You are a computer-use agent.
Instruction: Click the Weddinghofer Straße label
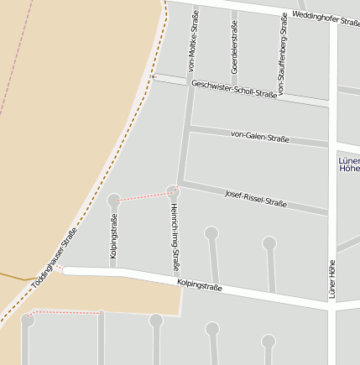tap(326, 19)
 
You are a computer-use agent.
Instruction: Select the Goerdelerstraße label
tap(234, 42)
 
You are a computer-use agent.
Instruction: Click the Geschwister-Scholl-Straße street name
tap(234, 89)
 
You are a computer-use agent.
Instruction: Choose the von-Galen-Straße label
tap(260, 136)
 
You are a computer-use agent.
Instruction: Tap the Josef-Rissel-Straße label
tap(256, 199)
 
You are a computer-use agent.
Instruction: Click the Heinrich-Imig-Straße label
tap(175, 238)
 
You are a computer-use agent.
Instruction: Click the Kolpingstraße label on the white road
tap(200, 288)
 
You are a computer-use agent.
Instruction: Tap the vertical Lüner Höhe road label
tap(331, 279)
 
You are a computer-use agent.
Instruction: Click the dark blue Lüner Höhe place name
tap(348, 164)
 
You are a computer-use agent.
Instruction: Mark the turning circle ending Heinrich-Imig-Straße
tap(173, 192)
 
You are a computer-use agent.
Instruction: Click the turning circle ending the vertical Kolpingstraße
tap(114, 200)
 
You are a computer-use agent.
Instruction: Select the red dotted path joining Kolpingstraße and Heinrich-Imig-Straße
tap(143, 196)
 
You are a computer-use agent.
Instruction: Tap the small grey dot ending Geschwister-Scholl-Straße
tap(154, 77)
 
